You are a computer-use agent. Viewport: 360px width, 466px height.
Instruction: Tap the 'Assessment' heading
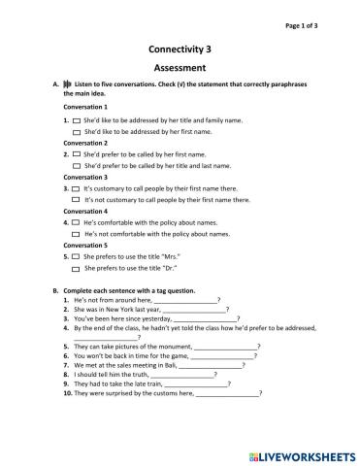[x=180, y=68]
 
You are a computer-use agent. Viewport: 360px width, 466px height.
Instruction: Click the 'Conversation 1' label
[x=85, y=107]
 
